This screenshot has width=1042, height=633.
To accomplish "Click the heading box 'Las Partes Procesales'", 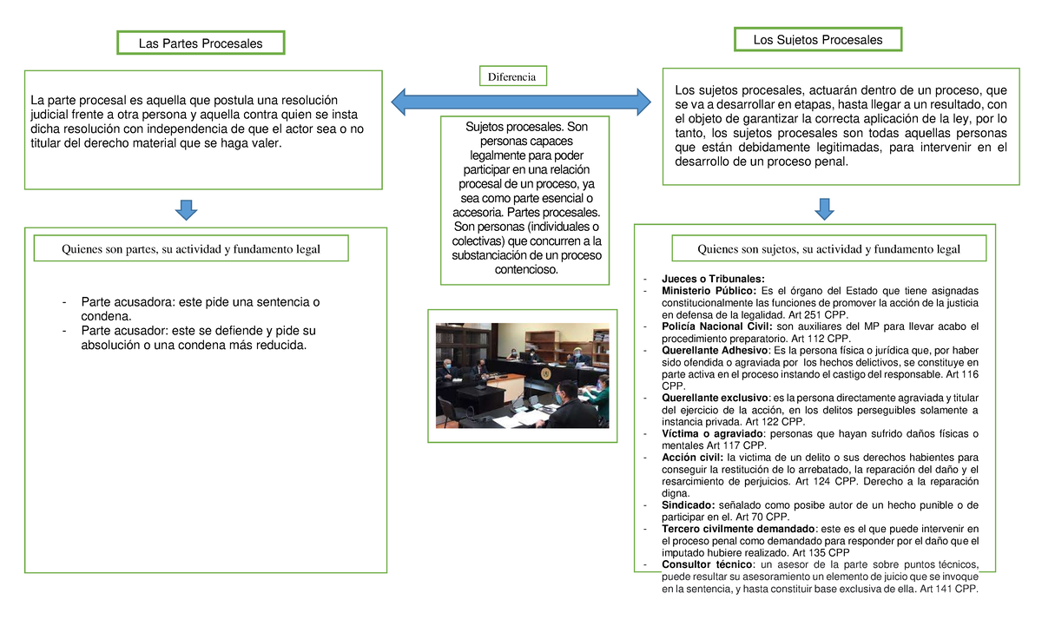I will pos(201,43).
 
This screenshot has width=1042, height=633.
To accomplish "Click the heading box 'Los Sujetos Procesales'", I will pos(819,40).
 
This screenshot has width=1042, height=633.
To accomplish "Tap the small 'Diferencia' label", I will pos(513,76).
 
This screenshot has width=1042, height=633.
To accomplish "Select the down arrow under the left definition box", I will pos(187,209).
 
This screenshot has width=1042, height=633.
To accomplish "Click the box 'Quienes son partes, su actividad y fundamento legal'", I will pos(191,249).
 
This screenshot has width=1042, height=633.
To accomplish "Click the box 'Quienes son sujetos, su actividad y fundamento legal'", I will pos(828,249).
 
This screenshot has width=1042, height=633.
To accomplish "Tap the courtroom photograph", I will pos(522,375).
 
